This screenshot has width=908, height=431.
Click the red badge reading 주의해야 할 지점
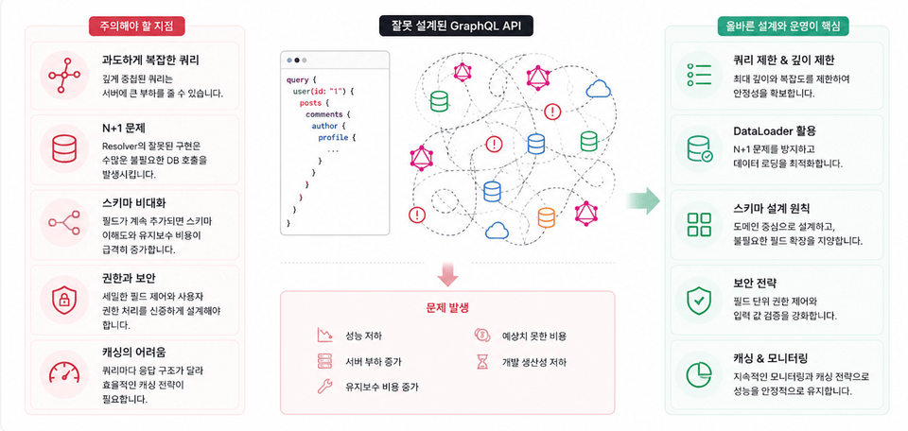pos(137,26)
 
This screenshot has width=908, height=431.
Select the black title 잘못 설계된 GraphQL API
pos(456,26)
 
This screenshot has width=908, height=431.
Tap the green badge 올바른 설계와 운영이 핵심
pos(783,26)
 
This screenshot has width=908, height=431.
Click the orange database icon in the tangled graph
pos(546,217)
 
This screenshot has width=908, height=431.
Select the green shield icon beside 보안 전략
pos(698,300)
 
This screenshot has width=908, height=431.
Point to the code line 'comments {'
pos(328,114)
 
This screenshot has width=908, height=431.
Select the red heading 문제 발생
pos(447,308)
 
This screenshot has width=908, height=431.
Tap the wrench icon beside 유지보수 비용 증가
pos(324,387)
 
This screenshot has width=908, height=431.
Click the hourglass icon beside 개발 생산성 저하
pos(481,362)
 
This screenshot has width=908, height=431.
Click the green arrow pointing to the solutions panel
pos(643,200)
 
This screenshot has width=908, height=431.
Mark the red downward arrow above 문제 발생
pos(447,274)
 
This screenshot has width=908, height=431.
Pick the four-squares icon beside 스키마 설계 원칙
pos(699,224)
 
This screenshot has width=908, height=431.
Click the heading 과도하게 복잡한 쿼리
pos(150,60)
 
